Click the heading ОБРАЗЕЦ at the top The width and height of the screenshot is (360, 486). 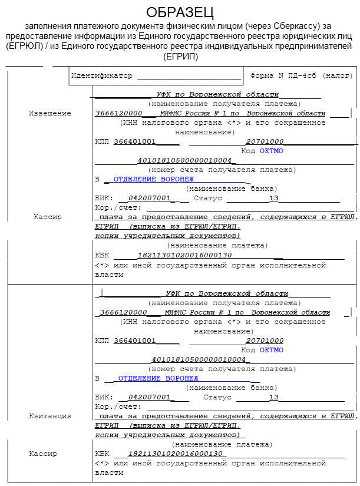click(x=180, y=12)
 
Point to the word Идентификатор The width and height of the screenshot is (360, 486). click(x=102, y=76)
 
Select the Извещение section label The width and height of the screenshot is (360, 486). click(x=50, y=113)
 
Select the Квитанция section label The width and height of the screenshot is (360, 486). click(x=50, y=416)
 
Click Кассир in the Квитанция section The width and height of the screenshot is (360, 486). click(x=43, y=454)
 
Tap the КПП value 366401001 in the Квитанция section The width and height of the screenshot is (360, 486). click(x=134, y=340)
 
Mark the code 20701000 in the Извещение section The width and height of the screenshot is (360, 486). click(x=265, y=142)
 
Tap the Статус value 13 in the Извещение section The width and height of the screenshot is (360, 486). click(x=273, y=199)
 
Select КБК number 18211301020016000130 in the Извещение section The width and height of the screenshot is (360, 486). click(x=184, y=255)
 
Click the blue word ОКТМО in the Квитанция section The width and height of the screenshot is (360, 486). click(x=272, y=350)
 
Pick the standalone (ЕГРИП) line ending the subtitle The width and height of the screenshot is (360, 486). click(x=180, y=57)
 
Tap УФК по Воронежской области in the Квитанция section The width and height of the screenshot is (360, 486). click(x=227, y=293)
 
